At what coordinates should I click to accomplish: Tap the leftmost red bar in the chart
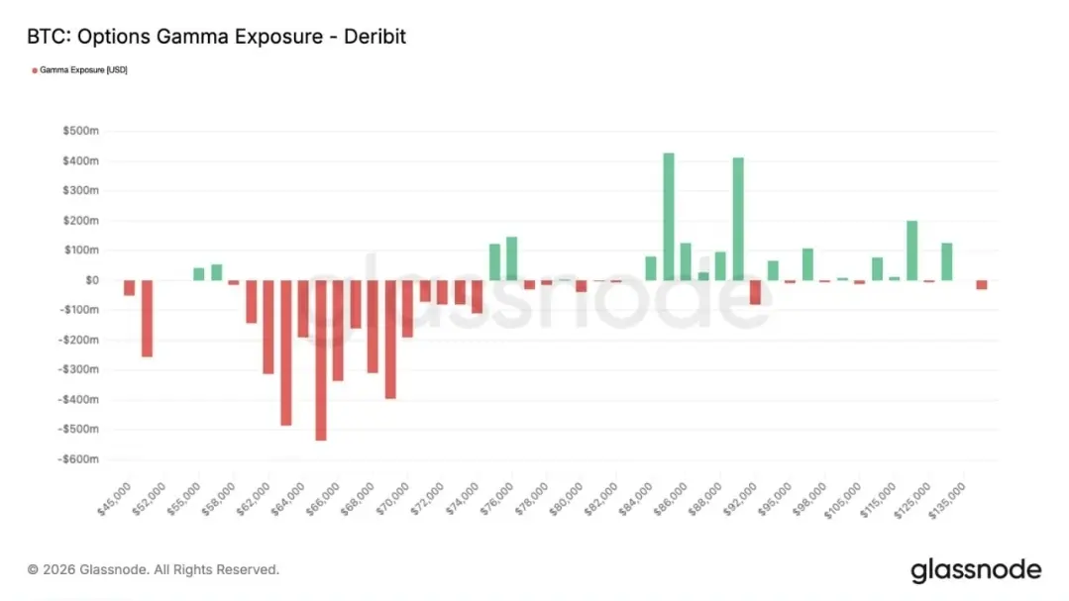[x=129, y=287]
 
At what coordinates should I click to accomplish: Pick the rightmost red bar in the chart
[x=981, y=284]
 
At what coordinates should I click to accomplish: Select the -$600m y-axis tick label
[x=79, y=459]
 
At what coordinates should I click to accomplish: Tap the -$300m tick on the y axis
[x=79, y=370]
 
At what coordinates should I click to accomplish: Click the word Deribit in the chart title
[x=373, y=37]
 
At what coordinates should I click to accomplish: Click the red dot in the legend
[x=35, y=70]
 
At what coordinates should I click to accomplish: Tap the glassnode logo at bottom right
[x=975, y=570]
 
